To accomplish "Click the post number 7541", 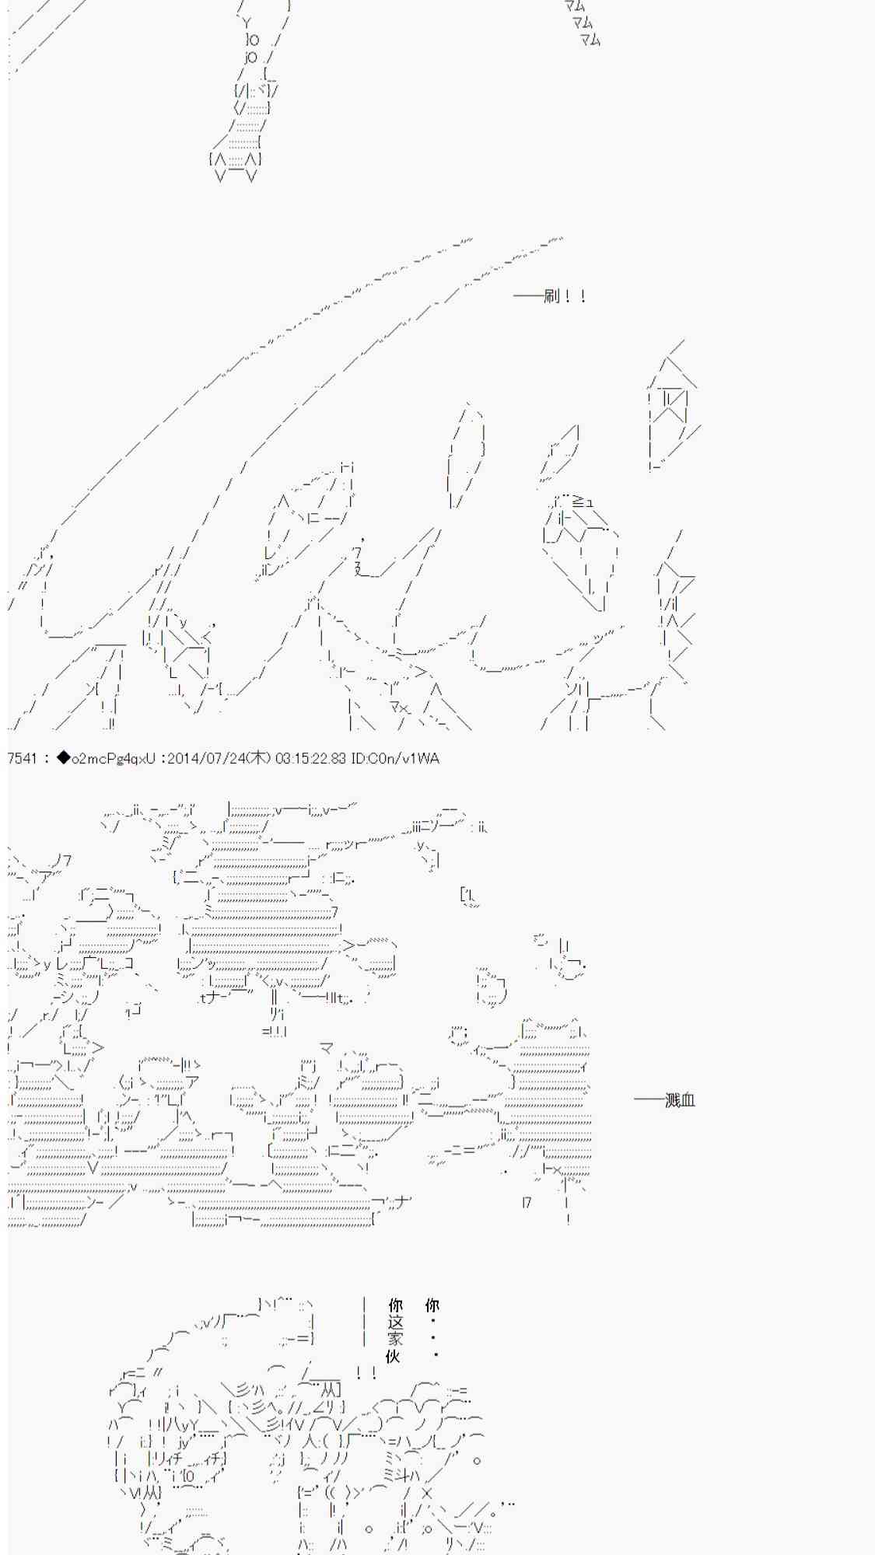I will click(23, 758).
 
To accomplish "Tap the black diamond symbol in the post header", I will click(64, 758).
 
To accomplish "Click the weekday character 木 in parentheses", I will click(257, 758).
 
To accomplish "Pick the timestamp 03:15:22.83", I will click(310, 758).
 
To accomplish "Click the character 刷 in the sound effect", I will click(551, 296).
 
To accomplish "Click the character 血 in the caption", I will click(688, 1100).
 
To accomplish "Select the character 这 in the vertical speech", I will click(395, 1323).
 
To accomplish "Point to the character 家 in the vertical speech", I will click(395, 1339).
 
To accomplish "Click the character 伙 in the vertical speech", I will click(394, 1356).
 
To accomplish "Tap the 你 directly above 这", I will click(395, 1305).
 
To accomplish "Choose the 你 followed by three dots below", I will click(432, 1305).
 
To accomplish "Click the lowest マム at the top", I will click(590, 39).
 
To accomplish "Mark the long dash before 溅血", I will click(649, 1100).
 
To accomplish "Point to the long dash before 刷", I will click(528, 296).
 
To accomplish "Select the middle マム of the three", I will click(583, 23).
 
